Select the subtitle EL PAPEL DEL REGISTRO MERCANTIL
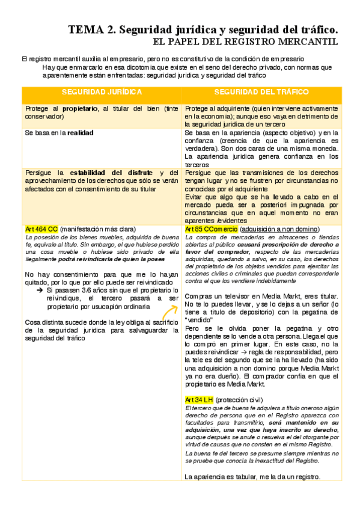click(245, 41)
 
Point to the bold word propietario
click(80, 108)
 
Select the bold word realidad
click(80, 132)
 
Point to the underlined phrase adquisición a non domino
click(279, 230)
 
